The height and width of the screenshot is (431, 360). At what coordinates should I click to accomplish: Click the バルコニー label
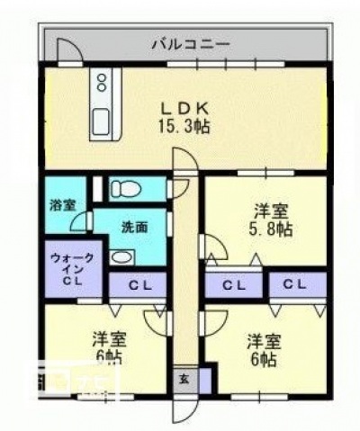coord(190,42)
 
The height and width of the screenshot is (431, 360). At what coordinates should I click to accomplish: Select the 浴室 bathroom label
coord(62,204)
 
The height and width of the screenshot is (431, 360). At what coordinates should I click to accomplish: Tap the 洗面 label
coord(134,228)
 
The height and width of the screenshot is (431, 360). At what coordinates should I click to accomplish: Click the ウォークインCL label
coord(71,269)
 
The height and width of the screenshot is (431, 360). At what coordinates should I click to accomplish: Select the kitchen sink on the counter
coord(101,118)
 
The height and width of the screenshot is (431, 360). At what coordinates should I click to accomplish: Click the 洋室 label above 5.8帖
coord(270,212)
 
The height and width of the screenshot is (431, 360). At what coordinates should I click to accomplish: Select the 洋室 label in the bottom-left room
coord(108,341)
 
